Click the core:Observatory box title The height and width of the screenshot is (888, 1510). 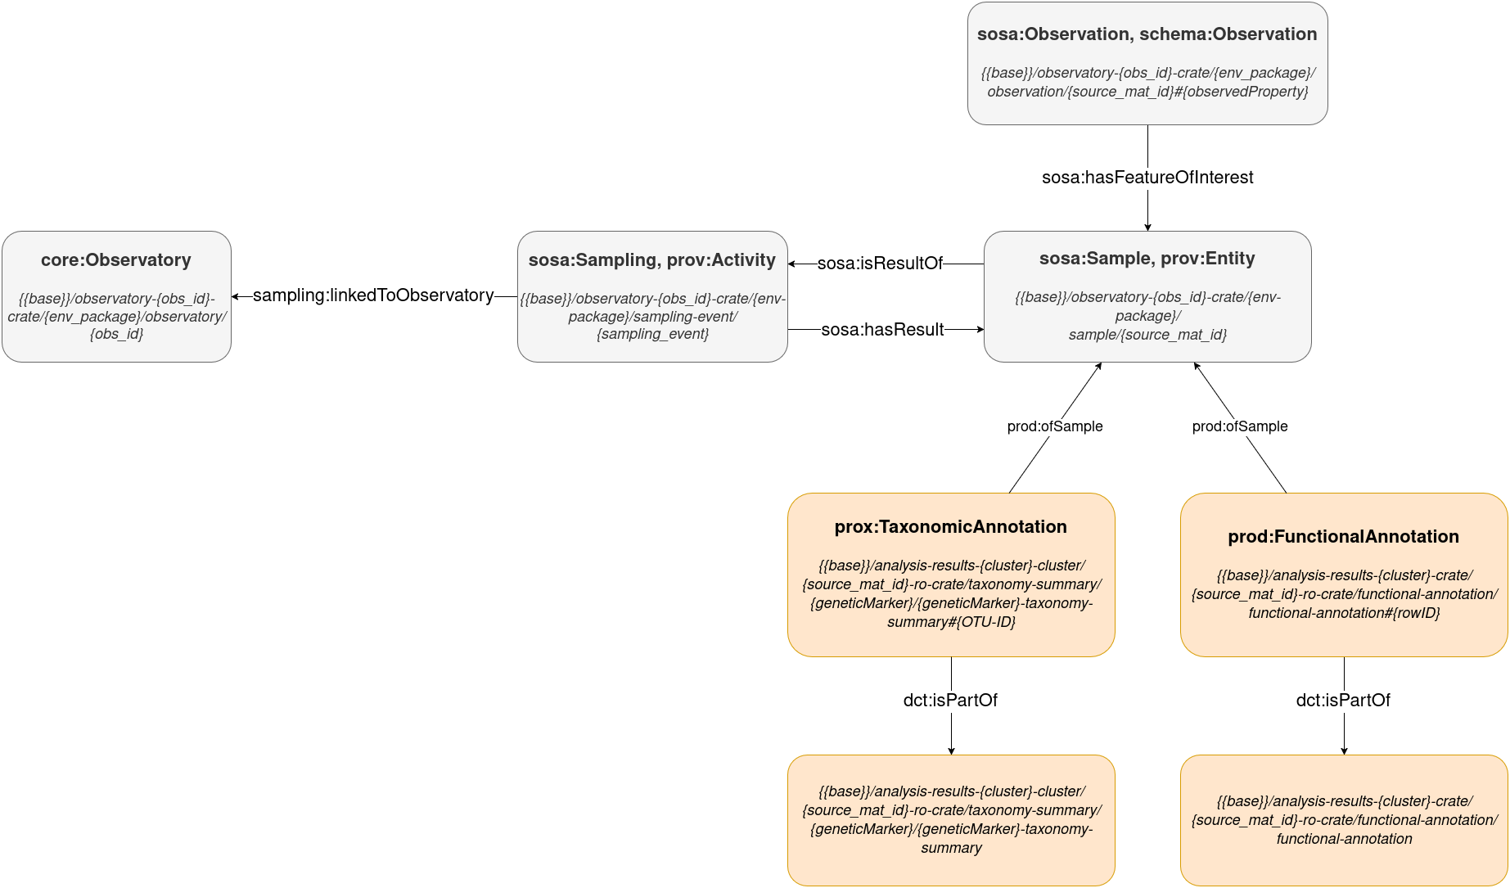click(x=115, y=260)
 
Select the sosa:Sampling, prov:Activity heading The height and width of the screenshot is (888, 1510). click(x=651, y=260)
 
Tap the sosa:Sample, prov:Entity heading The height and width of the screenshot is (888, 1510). click(x=1147, y=259)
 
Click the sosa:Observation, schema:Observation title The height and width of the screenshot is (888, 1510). click(x=1147, y=34)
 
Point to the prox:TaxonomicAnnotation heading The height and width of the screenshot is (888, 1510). click(x=950, y=527)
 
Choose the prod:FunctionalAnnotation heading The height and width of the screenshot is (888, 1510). click(x=1343, y=537)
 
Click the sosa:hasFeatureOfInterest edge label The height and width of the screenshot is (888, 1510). click(x=1147, y=178)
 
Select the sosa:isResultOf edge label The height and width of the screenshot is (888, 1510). click(x=880, y=264)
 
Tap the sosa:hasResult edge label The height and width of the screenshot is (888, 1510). click(x=882, y=330)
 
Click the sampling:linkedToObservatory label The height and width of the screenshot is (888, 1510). click(x=373, y=295)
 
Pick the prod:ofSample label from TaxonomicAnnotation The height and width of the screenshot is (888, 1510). click(x=1054, y=426)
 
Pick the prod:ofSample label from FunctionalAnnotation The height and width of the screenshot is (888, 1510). click(x=1239, y=426)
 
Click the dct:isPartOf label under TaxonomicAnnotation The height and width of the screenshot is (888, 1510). click(x=950, y=701)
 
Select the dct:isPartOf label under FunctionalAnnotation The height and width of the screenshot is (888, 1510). click(x=1343, y=701)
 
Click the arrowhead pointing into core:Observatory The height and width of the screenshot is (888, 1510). click(x=236, y=296)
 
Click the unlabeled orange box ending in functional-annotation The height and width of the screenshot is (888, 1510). click(x=1343, y=820)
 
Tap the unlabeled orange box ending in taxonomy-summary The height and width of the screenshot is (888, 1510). click(x=950, y=820)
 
